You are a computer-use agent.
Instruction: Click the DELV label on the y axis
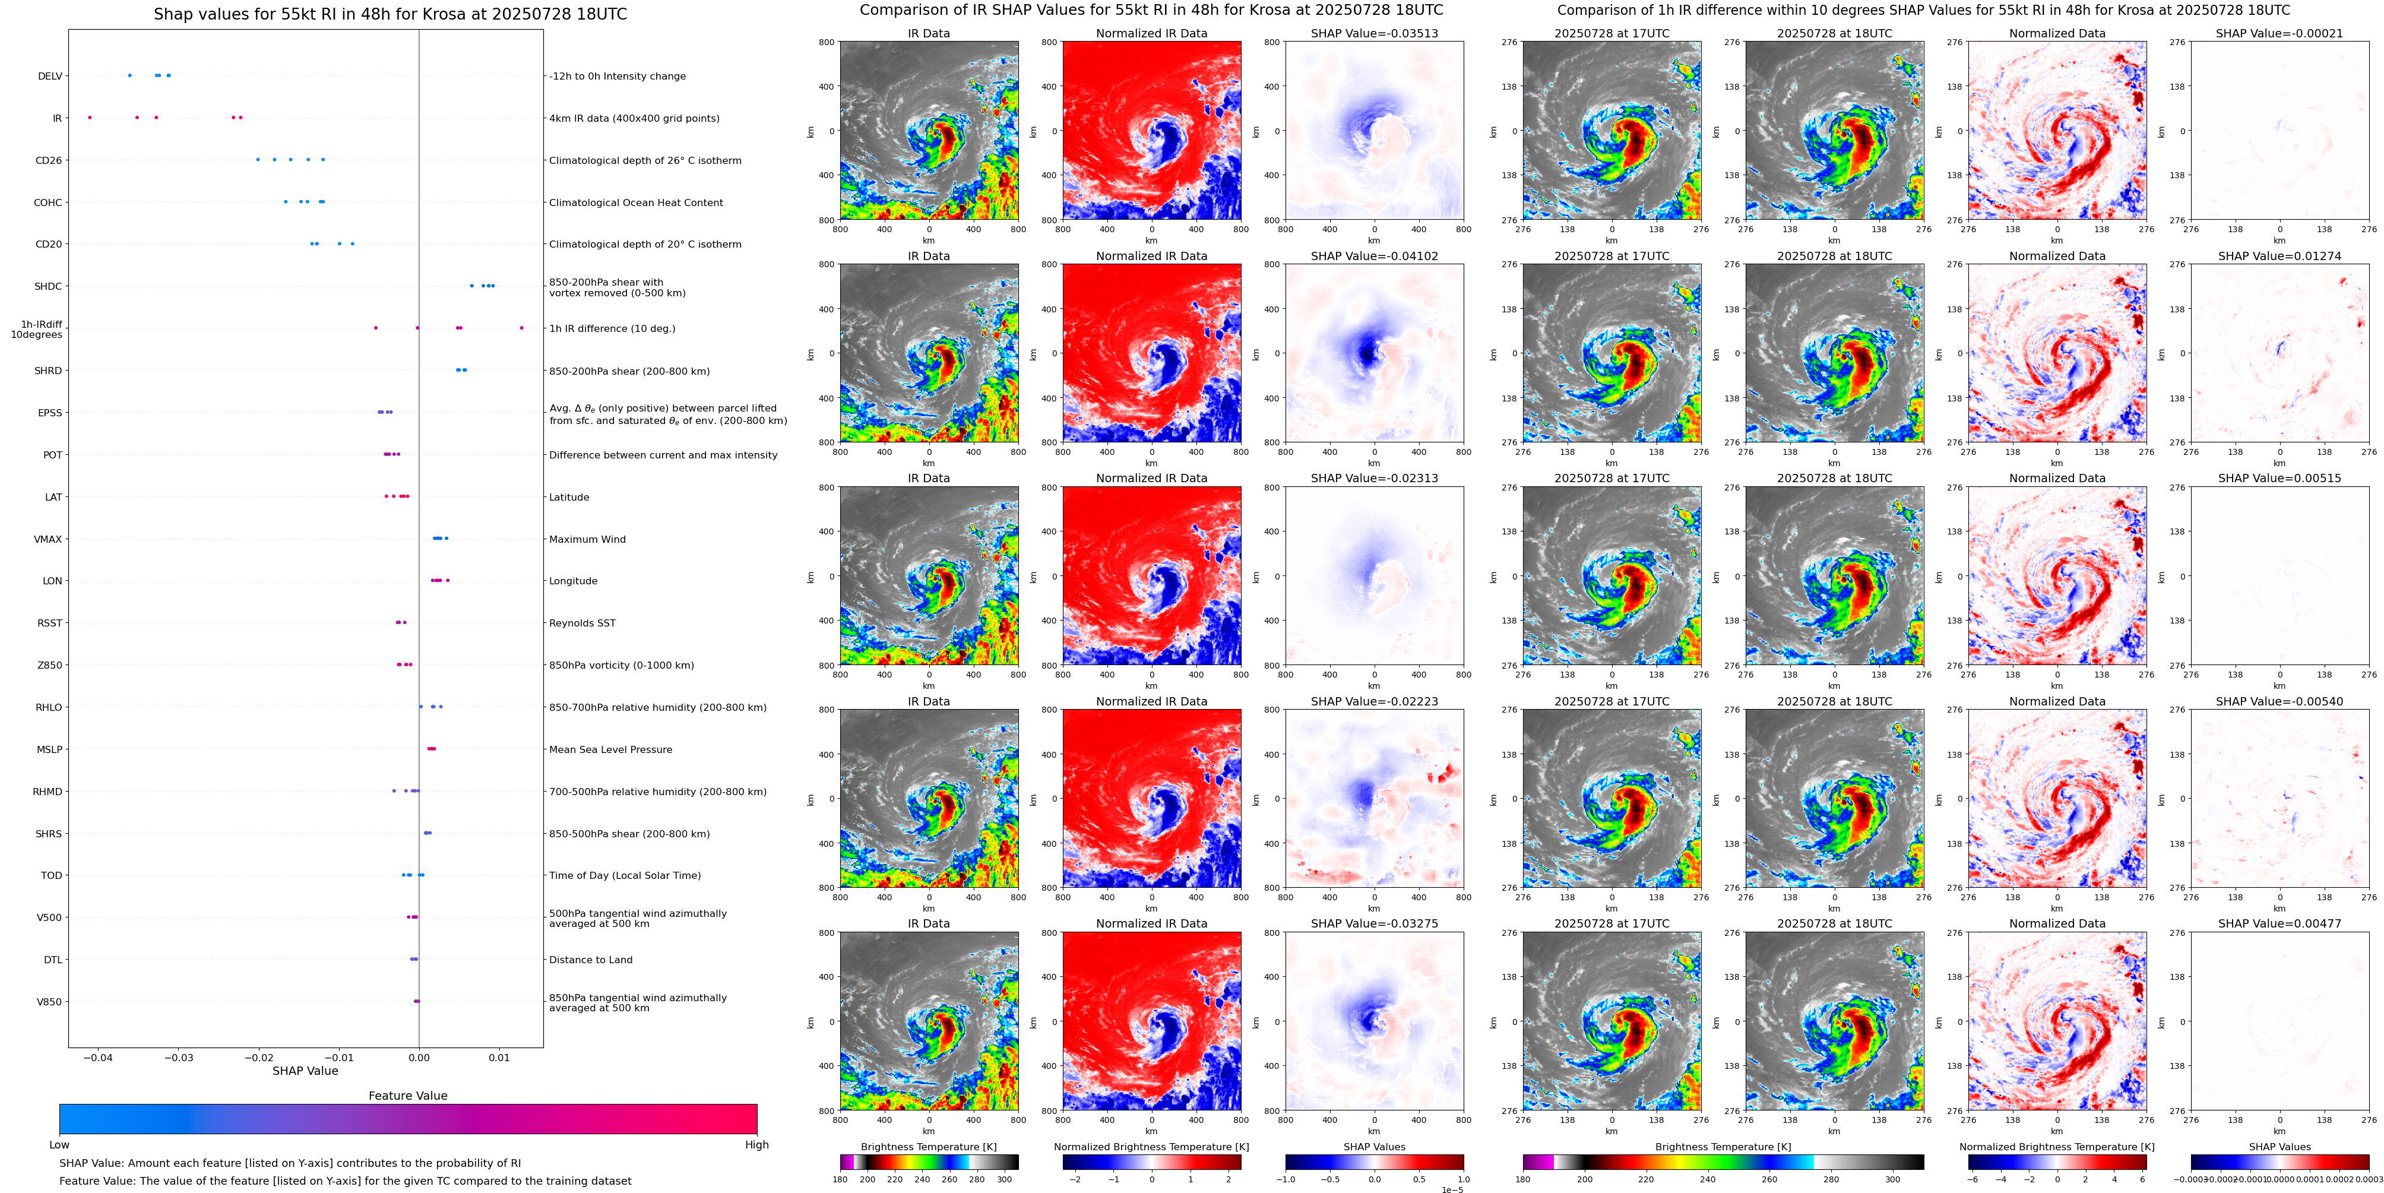tap(50, 76)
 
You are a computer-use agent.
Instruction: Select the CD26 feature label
tap(49, 160)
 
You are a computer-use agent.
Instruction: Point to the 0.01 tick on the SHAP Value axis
tap(499, 1057)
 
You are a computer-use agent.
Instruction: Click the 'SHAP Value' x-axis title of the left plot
tap(305, 1071)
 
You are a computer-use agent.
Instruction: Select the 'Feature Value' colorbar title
tap(408, 1096)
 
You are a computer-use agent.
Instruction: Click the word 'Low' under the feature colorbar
tap(59, 1145)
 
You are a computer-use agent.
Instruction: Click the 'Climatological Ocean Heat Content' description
tap(636, 202)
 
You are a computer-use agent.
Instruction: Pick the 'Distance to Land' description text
tap(590, 960)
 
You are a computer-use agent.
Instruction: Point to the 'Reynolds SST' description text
tap(582, 623)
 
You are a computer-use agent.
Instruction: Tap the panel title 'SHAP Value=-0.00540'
tap(2279, 701)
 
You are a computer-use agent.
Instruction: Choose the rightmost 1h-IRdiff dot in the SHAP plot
tap(521, 328)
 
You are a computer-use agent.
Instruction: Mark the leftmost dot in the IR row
tap(90, 118)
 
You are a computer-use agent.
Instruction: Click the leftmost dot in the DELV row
tap(129, 75)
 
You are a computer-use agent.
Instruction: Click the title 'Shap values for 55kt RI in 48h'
tap(390, 14)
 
